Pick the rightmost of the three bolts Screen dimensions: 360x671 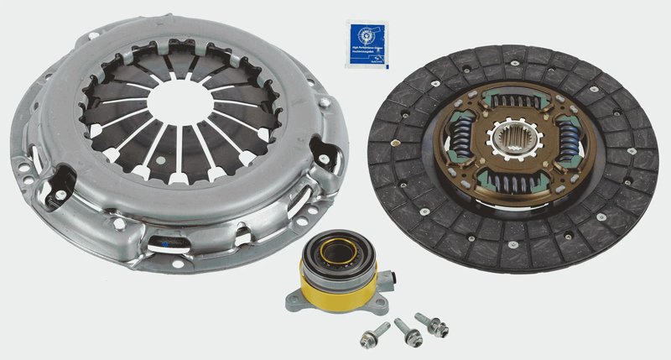(x=435, y=324)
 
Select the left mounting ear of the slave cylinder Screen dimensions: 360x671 (x=294, y=300)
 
